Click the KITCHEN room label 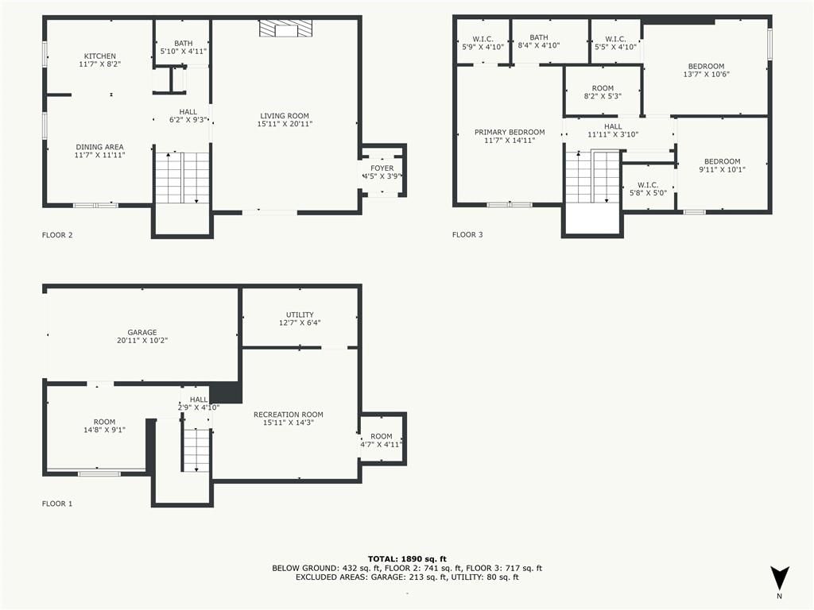tap(100, 56)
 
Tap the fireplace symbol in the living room tap(286, 29)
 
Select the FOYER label tap(382, 168)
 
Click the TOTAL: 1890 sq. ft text tap(407, 558)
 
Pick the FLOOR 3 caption tap(467, 234)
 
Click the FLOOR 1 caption tap(57, 503)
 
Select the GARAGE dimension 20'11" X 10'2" tap(142, 340)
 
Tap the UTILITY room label tap(300, 315)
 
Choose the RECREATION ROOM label tap(288, 415)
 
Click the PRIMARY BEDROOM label tap(510, 133)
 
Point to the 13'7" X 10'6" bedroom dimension tap(707, 74)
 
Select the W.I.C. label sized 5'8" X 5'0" tap(648, 184)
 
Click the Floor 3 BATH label tap(539, 37)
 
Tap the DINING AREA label tap(99, 147)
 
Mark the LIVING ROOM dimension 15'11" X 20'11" tap(285, 124)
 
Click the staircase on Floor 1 tap(196, 450)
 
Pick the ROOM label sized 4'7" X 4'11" tap(382, 436)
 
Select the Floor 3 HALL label tap(613, 126)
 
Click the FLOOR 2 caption tap(57, 235)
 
